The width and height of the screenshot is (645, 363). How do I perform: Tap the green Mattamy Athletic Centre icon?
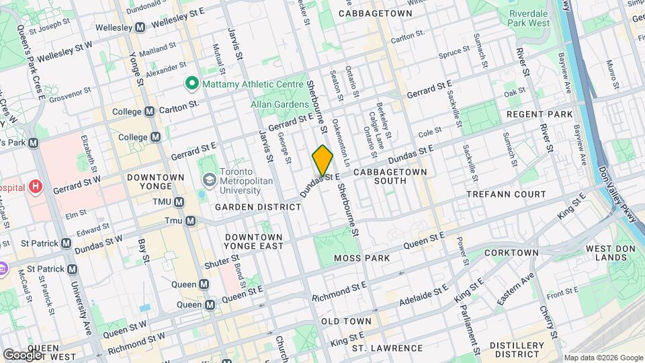(x=191, y=84)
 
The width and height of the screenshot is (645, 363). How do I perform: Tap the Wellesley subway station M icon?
(x=140, y=28)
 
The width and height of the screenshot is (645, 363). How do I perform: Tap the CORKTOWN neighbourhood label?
(x=511, y=253)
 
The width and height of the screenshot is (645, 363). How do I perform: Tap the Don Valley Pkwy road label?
(x=619, y=198)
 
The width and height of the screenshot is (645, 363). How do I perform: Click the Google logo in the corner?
(x=22, y=355)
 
